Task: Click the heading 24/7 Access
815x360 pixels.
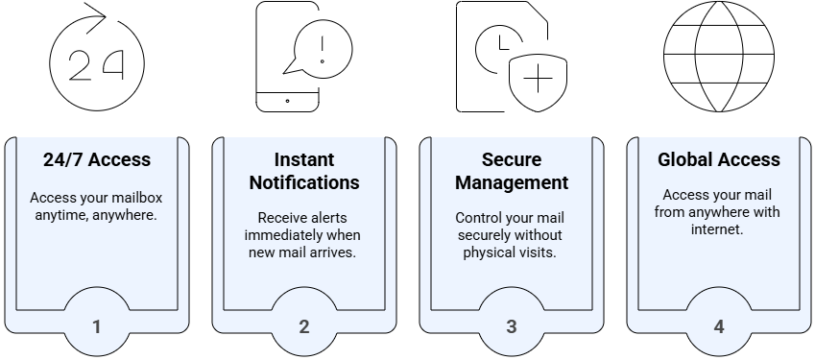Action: point(97,159)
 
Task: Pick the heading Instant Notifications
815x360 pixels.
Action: point(303,171)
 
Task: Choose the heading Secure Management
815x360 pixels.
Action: point(512,171)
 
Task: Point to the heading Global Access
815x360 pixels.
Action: point(719,159)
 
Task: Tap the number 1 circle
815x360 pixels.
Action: point(97,326)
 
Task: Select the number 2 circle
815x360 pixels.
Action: point(304,326)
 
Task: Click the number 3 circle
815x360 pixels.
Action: point(512,326)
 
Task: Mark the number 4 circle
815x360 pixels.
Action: point(719,326)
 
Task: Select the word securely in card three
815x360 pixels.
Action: point(488,235)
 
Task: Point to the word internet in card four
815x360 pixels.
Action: point(719,230)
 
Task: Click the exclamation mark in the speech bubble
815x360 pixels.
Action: point(322,49)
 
